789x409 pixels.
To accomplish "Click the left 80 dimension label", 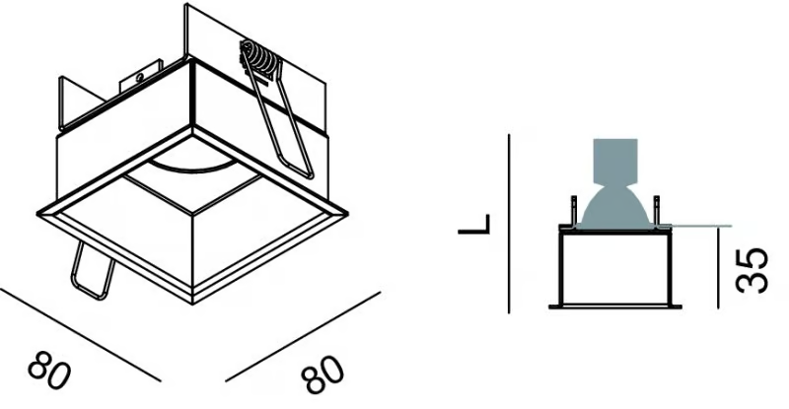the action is coord(49,372).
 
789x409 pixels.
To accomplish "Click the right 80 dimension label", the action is coord(323,375).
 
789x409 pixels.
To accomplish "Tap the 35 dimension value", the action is coord(753,270).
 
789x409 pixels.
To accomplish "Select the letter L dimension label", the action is coord(474,225).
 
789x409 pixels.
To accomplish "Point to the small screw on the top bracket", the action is coord(139,77).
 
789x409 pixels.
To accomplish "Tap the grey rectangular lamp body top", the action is coord(615,161).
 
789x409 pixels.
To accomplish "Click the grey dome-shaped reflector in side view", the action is coord(614,206).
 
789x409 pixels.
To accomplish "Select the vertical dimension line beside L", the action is coord(509,224).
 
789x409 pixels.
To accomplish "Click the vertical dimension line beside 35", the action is coord(718,267).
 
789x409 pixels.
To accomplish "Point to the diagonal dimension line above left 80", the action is coord(81,334).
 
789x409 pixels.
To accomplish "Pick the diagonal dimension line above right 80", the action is coord(303,336).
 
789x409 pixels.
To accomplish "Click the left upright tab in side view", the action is coord(573,210).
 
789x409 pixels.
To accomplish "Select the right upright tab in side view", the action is coord(656,210).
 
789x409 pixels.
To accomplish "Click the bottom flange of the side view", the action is coord(615,306).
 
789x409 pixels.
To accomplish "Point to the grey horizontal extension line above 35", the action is coord(701,226).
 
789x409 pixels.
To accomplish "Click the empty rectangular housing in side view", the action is coord(614,268).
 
